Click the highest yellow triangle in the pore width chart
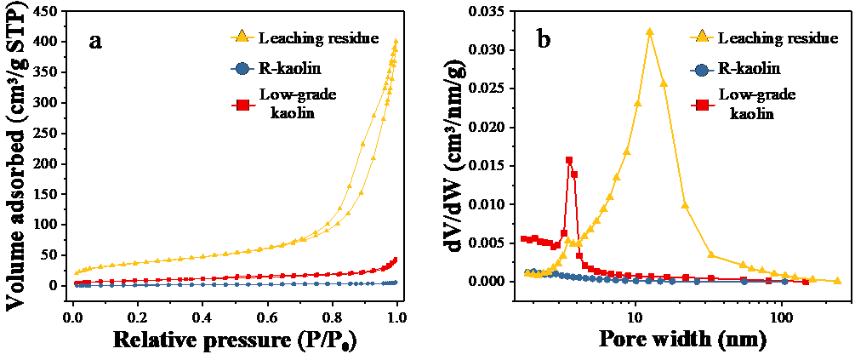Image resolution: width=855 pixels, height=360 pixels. [x=650, y=31]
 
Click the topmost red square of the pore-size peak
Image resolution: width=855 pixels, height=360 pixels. [x=569, y=160]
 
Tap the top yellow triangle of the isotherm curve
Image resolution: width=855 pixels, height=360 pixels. [x=396, y=41]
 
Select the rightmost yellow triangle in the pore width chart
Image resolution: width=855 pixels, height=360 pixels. [x=837, y=280]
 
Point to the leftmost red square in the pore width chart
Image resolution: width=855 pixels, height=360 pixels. [x=524, y=239]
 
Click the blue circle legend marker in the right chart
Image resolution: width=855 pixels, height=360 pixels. [x=703, y=70]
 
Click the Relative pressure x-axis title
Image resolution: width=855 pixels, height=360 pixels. [x=233, y=342]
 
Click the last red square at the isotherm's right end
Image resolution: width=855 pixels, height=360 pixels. [x=394, y=259]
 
